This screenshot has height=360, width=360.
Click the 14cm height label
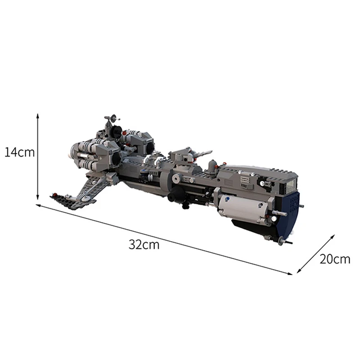click(19, 152)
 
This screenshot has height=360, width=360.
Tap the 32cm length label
click(144, 244)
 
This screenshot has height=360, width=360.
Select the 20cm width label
click(335, 259)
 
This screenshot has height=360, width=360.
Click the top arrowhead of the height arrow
click(38, 116)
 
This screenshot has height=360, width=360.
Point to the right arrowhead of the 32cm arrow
click(290, 273)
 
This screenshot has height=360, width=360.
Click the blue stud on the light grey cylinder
click(227, 199)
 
